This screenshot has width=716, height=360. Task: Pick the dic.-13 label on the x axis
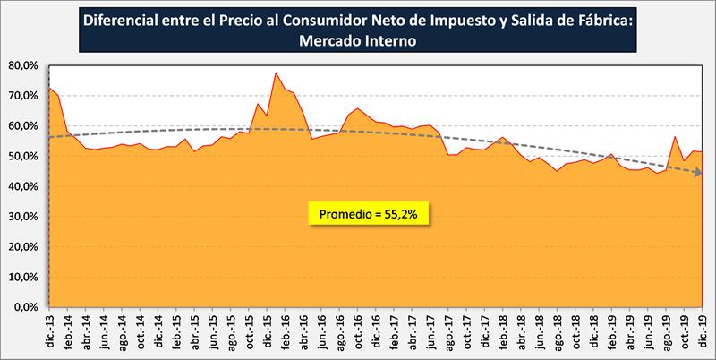pyautogui.click(x=49, y=330)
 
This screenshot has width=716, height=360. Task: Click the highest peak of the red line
pyautogui.click(x=276, y=73)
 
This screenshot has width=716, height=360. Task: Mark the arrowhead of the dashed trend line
pyautogui.click(x=698, y=173)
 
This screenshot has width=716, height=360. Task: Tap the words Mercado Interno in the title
pyautogui.click(x=357, y=40)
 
